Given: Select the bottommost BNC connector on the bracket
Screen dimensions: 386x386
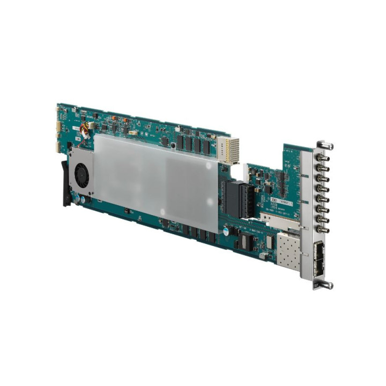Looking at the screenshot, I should click(x=322, y=229).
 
